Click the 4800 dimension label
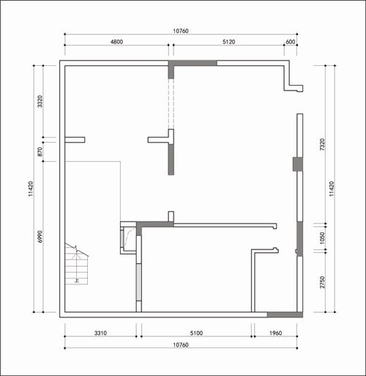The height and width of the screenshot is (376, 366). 116,42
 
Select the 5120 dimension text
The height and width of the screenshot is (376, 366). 228,42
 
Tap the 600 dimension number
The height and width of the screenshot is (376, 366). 291,42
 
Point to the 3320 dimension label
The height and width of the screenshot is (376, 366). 40,101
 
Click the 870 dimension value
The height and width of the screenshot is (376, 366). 40,152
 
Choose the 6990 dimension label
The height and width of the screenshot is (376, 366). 40,237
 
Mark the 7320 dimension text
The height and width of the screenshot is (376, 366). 322,144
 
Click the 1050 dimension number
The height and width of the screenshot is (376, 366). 322,237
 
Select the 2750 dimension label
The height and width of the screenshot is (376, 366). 322,282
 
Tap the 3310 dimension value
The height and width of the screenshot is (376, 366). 100,333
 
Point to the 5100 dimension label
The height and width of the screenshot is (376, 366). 196,333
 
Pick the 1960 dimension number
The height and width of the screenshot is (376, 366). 275,333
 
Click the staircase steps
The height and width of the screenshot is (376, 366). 76,265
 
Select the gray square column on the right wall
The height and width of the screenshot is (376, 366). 298,164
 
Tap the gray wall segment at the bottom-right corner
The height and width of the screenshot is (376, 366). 285,314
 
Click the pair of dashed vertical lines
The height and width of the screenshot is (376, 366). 171,104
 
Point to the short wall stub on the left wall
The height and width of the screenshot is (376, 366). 75,140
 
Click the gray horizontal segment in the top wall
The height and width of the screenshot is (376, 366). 193,63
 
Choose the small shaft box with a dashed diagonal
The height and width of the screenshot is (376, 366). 128,237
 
